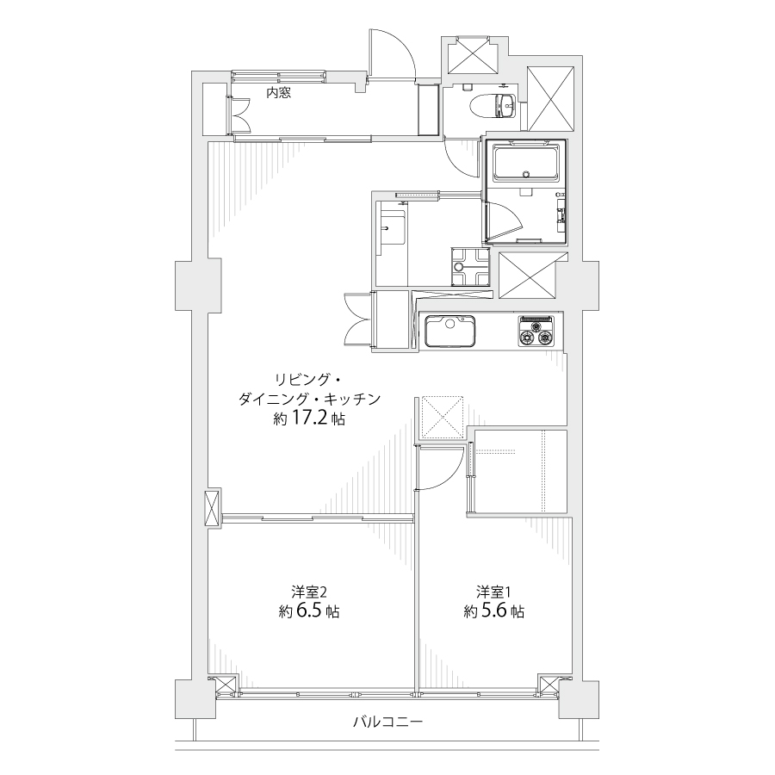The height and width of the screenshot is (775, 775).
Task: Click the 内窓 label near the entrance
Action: (279, 92)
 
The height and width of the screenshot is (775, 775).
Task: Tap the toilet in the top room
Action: (493, 106)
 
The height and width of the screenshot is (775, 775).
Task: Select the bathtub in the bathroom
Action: (525, 161)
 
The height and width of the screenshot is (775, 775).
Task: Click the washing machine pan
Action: (470, 267)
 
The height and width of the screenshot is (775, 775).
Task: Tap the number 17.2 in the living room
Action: (309, 418)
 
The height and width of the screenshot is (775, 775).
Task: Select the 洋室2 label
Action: (309, 591)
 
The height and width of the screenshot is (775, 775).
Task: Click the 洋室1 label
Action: (493, 591)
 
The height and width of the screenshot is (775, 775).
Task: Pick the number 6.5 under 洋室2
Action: (309, 611)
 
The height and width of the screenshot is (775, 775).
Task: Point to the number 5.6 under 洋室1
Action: (494, 611)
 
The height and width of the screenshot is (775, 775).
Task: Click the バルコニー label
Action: (388, 722)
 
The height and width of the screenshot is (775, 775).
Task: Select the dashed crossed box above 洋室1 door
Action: (441, 418)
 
